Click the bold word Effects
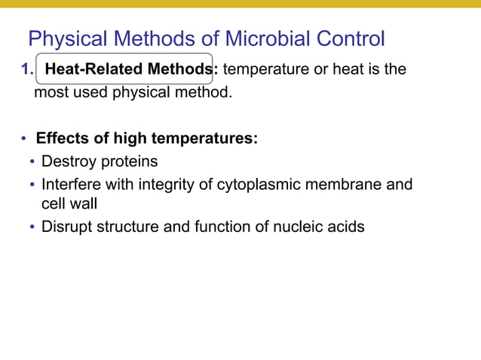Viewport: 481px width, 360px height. (63, 139)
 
